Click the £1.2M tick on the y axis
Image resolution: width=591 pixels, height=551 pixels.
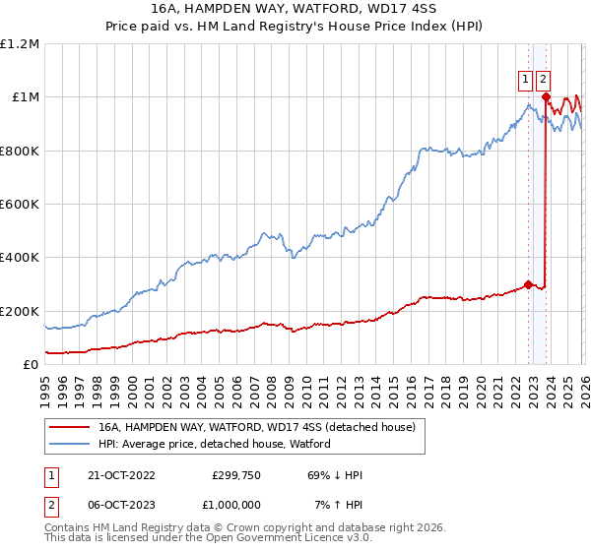20,44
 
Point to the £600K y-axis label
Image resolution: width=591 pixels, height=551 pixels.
20,205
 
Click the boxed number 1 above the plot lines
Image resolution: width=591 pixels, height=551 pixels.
526,81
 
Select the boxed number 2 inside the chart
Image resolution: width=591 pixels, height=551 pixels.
544,81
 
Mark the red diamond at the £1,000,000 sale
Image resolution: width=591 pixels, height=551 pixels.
546,96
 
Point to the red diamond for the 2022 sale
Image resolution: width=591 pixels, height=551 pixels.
529,284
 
